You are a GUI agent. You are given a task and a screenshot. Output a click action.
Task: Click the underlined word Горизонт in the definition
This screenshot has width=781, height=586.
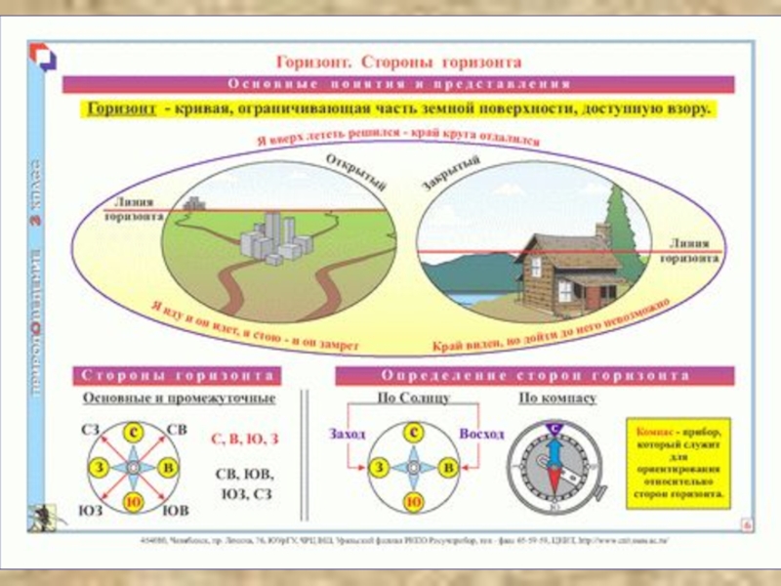click(x=123, y=108)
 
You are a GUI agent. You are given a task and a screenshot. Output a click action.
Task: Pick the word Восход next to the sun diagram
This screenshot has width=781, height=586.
click(x=481, y=433)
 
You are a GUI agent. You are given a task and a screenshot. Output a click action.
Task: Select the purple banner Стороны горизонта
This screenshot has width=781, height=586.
click(x=177, y=376)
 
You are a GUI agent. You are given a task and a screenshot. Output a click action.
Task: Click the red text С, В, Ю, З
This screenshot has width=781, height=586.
click(x=245, y=439)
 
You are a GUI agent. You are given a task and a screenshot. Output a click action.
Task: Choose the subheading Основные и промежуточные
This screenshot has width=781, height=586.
click(x=179, y=398)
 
